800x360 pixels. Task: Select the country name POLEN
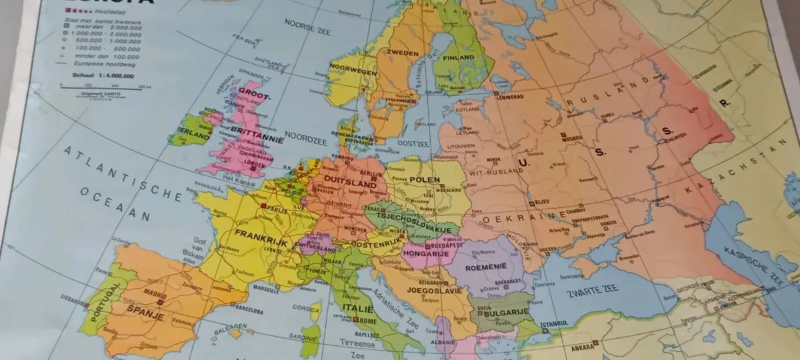(x=425, y=181)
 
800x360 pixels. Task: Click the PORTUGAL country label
(x=101, y=301)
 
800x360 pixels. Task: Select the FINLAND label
(x=457, y=58)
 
